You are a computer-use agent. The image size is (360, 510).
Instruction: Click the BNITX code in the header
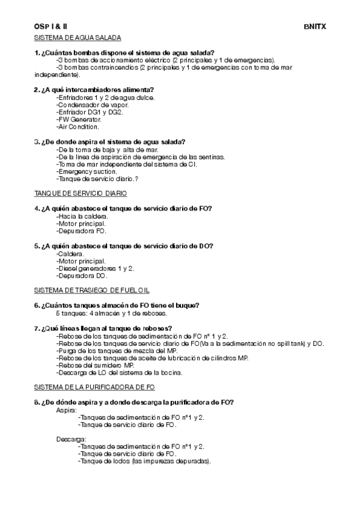(x=314, y=27)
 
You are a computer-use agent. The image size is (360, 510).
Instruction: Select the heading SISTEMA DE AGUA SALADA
(x=78, y=38)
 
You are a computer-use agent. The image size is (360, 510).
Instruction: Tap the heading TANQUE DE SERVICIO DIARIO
(x=81, y=193)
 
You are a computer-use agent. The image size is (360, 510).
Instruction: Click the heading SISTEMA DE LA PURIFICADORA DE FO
(x=94, y=387)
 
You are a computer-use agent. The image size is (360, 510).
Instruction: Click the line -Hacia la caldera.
(x=82, y=216)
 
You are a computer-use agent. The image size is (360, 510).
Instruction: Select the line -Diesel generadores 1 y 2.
(x=95, y=268)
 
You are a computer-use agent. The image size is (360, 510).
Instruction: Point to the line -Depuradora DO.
(x=82, y=275)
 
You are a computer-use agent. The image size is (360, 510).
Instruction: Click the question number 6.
(x=37, y=305)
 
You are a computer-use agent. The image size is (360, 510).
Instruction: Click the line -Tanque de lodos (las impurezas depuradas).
(x=144, y=461)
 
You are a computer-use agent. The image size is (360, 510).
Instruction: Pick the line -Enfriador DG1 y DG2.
(x=90, y=112)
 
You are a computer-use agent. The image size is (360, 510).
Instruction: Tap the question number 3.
(x=37, y=141)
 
